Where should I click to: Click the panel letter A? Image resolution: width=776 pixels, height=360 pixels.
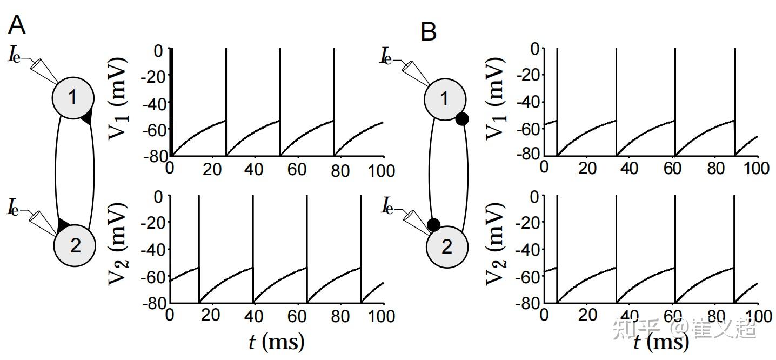[17, 25]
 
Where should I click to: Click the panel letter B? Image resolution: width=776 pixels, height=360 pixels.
[429, 32]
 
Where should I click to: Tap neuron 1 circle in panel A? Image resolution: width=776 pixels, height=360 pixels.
[73, 97]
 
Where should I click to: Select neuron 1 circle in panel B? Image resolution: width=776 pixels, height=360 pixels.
[445, 99]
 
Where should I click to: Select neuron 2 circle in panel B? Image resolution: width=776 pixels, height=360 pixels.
[446, 247]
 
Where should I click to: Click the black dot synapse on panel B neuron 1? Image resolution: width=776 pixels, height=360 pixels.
[461, 119]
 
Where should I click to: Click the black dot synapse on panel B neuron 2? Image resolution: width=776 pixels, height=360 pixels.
[433, 225]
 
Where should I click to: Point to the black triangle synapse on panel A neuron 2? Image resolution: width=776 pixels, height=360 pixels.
[63, 224]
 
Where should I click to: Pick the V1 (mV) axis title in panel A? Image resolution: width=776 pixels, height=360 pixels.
[118, 102]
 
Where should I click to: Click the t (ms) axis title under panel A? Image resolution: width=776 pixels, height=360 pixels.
[277, 342]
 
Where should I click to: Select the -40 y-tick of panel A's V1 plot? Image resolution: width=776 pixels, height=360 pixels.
[153, 103]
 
